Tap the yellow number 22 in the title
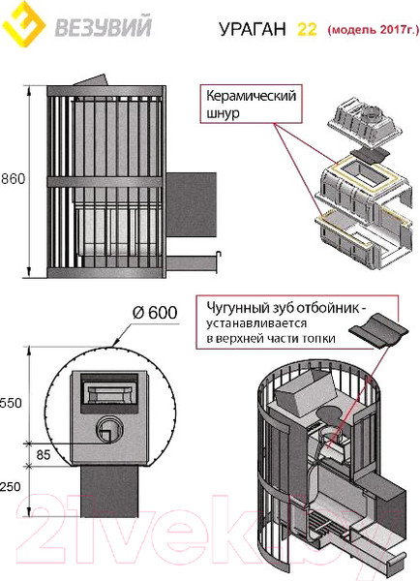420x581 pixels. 307,30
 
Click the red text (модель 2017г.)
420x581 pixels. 372,30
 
